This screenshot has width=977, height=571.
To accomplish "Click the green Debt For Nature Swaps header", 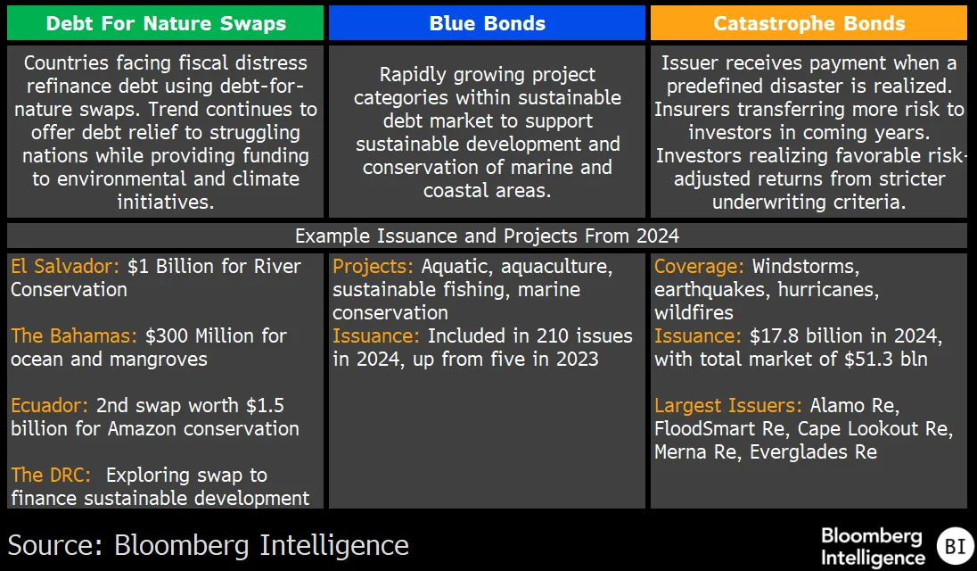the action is click(x=165, y=23).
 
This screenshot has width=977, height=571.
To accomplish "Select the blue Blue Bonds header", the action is click(x=488, y=23).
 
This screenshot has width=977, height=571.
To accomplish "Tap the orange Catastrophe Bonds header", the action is click(x=809, y=23).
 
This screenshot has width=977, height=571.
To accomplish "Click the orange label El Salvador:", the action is click(x=65, y=266).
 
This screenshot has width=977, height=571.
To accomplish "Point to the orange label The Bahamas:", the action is click(x=73, y=336).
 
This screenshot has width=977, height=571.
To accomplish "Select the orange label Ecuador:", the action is click(x=49, y=406).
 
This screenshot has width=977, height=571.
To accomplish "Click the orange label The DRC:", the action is click(x=51, y=475).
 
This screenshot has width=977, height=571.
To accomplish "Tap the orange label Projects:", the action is click(x=373, y=266).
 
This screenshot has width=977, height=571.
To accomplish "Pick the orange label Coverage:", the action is click(x=699, y=266).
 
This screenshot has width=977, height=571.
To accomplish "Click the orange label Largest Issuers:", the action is click(x=727, y=406).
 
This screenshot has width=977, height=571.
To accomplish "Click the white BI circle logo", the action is click(x=956, y=546).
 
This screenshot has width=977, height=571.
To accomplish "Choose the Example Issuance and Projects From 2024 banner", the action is click(x=488, y=236).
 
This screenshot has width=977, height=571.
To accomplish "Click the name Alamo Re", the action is click(x=853, y=406).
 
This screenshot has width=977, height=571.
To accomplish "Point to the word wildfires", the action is click(x=694, y=312).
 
